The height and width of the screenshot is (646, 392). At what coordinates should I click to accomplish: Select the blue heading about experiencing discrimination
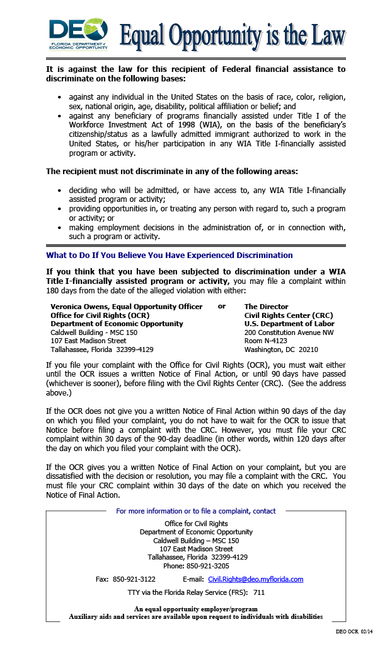tap(170, 255)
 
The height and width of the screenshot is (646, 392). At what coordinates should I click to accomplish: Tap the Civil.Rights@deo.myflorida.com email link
tap(255, 579)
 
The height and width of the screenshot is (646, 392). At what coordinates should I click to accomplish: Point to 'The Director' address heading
tap(266, 307)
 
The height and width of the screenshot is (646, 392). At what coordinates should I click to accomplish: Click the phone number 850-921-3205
tap(196, 566)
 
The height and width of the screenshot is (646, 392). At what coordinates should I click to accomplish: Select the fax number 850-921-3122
tap(134, 579)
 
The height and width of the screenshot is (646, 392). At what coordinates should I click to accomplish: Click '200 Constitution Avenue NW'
tap(289, 332)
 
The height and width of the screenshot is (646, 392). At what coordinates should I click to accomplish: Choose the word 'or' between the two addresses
tap(222, 306)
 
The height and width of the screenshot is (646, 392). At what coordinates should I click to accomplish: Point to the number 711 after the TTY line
tap(259, 593)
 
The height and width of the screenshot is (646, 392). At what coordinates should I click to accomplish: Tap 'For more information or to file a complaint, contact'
tap(196, 511)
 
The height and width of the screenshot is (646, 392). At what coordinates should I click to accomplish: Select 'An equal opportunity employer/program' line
tap(196, 608)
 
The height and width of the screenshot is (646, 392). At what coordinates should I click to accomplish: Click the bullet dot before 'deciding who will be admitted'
tap(59, 190)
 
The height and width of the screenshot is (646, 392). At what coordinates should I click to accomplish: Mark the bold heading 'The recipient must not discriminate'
tap(172, 172)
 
